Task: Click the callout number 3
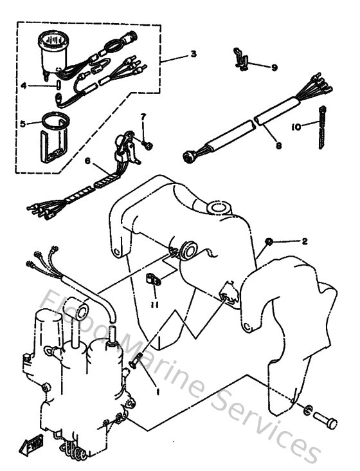194,54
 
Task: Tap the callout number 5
23,124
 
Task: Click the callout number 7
143,116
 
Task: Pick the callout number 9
274,67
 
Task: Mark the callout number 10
296,127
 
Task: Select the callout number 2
305,241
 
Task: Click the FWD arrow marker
32,443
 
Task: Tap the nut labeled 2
269,241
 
